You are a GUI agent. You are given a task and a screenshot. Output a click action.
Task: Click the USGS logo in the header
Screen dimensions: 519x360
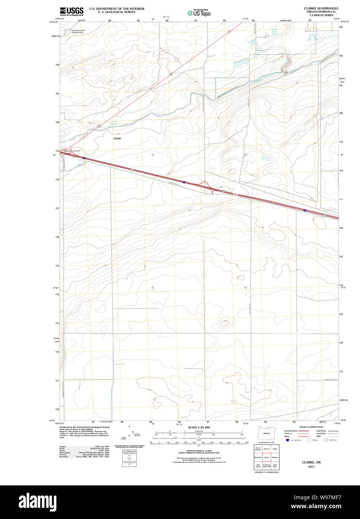[72, 11]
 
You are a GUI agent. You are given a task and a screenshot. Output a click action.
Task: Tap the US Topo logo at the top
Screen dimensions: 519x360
[199, 13]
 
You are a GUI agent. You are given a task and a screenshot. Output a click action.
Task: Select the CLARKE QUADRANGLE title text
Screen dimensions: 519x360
[321, 8]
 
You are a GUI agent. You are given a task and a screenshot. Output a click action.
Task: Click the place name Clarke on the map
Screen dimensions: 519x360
[117, 138]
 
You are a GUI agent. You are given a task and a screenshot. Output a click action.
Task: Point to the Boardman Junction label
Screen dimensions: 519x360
[72, 151]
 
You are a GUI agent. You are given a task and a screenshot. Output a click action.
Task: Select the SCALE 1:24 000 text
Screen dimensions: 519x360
[199, 427]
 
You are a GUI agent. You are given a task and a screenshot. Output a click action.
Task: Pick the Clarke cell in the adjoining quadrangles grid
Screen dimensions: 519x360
[266, 457]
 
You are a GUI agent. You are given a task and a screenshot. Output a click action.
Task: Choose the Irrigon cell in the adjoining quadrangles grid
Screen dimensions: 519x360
[275, 449]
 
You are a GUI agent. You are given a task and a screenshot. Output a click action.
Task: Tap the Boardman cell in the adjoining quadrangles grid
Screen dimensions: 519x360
[258, 457]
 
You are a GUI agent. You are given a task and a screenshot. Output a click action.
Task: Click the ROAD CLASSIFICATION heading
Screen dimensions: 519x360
[311, 427]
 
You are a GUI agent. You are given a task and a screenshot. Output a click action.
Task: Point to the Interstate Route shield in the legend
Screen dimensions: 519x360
[287, 440]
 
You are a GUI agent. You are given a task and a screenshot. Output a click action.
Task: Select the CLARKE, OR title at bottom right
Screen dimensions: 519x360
[311, 462]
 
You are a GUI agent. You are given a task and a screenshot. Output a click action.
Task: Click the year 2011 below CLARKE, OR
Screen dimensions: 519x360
[311, 467]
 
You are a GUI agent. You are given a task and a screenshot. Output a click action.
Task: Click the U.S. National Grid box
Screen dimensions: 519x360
[129, 458]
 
